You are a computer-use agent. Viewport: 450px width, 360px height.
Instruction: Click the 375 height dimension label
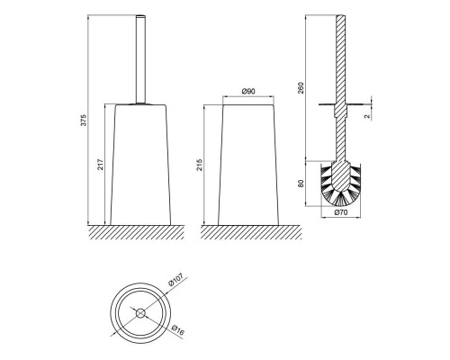84,120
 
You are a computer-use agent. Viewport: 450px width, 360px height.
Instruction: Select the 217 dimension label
101,165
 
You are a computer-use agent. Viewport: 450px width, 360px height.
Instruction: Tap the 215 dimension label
200,165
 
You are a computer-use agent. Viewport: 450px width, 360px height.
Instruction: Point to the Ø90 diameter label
248,91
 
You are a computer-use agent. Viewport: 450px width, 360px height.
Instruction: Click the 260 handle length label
301,88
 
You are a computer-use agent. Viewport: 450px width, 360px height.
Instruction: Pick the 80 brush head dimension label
301,184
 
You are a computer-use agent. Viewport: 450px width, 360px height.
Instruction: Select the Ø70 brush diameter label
340,212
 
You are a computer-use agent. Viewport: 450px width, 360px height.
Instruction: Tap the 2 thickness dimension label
367,116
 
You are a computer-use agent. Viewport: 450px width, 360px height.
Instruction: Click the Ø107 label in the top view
175,280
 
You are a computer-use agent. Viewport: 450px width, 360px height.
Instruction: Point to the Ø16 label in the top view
178,330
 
